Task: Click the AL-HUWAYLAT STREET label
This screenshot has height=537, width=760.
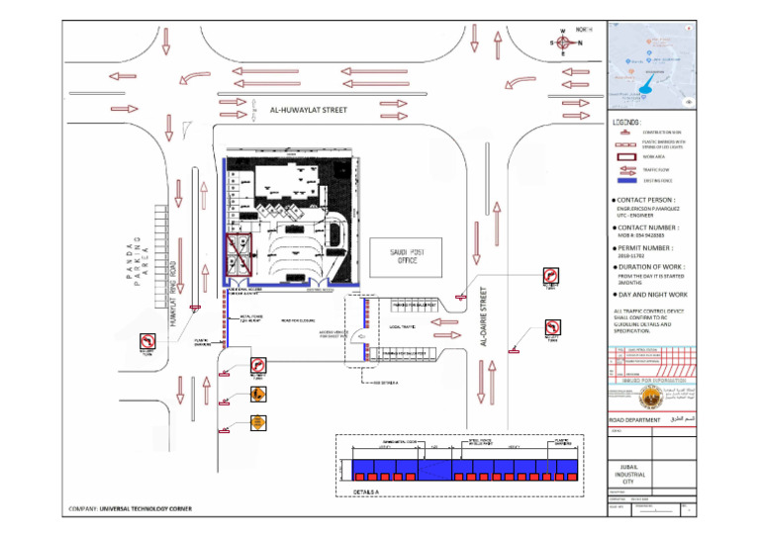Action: tap(308, 111)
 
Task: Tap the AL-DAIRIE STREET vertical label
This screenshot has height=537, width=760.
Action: tap(484, 316)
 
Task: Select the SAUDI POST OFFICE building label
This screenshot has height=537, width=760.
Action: tap(401, 256)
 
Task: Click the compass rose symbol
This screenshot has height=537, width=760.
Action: tap(563, 43)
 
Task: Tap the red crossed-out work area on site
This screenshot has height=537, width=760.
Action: tap(237, 254)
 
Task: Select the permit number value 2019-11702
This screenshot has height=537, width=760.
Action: tap(631, 257)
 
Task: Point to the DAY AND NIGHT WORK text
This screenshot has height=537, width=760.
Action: tap(652, 295)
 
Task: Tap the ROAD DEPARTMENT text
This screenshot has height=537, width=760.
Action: tap(634, 420)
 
